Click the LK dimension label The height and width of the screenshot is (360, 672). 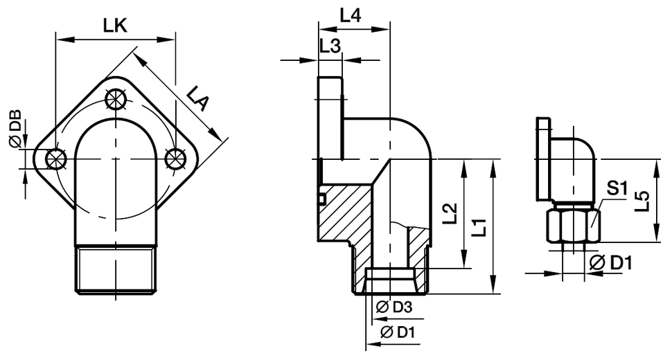click(116, 26)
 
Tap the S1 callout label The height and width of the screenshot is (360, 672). click(617, 187)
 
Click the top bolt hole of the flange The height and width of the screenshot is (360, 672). click(115, 99)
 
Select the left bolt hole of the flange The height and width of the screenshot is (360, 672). click(54, 159)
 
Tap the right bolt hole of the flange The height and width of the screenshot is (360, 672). click(175, 159)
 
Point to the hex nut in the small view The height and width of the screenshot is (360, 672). click(573, 224)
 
